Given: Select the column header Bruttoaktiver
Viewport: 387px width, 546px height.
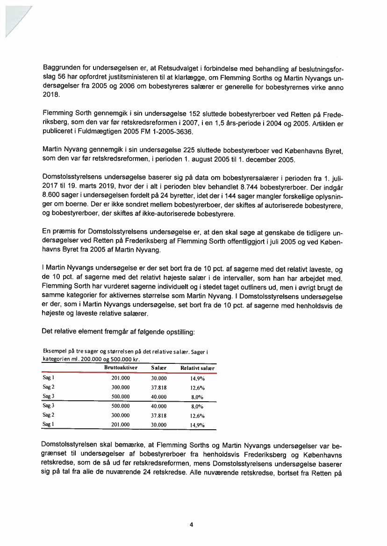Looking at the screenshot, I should click(120, 368).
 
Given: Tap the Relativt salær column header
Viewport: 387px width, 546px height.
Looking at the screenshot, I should click(197, 368).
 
